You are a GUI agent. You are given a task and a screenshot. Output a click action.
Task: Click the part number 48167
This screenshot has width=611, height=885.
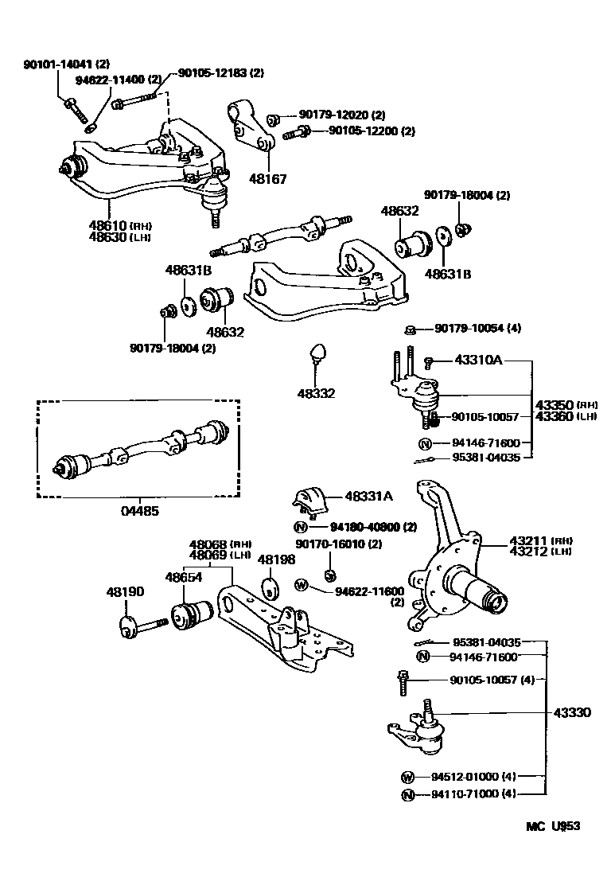pos(268,180)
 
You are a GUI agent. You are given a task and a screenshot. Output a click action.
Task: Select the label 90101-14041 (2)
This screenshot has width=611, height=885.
pos(67,64)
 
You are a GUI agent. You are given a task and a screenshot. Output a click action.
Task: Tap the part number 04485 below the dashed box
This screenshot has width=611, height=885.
pos(139,511)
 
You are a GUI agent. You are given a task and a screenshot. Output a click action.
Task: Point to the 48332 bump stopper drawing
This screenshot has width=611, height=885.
pos(318,352)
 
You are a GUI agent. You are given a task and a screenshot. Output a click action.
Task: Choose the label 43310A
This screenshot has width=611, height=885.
pos(478,361)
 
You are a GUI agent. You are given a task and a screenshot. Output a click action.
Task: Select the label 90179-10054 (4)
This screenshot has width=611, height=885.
pos(477,329)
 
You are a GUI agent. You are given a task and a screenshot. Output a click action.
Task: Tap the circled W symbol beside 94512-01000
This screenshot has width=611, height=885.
pos(407,777)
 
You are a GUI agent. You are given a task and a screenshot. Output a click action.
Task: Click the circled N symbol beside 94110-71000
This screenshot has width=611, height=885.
pos(407,794)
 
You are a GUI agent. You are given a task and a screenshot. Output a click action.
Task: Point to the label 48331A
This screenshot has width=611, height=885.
pos(368,496)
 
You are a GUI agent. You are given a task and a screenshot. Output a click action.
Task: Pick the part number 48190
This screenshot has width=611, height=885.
pos(125,592)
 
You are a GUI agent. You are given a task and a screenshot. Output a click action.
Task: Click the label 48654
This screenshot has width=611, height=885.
pos(184,577)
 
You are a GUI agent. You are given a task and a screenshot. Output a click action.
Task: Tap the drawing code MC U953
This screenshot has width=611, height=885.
pos(552,826)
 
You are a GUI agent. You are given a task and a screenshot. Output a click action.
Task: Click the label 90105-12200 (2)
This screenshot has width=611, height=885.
pos(372,131)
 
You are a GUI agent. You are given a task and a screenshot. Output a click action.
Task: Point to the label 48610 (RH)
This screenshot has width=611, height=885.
pos(119,226)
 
